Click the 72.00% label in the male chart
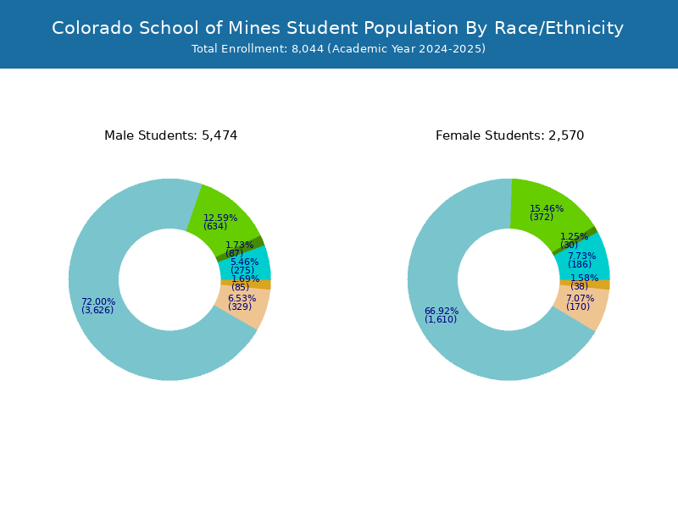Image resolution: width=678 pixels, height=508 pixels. pos(98,301)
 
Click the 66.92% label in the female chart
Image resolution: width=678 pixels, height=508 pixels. pos(442,311)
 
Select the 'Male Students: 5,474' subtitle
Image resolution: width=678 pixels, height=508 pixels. pos(171,135)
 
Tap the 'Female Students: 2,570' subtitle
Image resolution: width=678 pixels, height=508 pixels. pos(510,135)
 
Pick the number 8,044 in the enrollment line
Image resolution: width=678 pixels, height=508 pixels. pos(308,49)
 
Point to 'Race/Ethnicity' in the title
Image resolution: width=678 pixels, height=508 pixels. pos(559,29)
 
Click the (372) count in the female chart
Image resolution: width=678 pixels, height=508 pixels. pos(542,217)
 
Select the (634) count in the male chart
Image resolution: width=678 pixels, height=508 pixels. pos(215,226)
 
